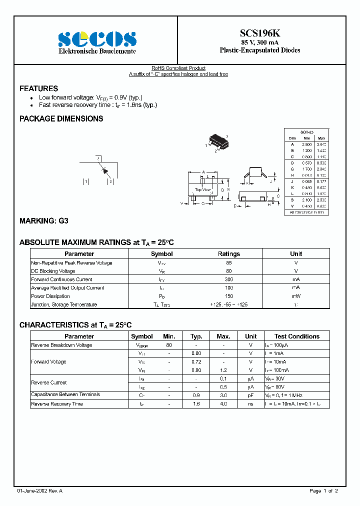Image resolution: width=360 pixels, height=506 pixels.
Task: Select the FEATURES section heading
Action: pos(38,88)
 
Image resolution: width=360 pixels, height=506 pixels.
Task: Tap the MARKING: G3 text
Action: pos(43,220)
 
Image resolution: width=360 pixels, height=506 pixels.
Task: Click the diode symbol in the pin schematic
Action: pos(105,170)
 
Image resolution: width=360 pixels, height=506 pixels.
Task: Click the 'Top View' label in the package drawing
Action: pos(202,189)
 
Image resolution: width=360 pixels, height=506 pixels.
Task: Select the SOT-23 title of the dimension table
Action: pos(306,131)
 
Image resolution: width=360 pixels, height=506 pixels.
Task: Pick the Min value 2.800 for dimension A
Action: pos(306,144)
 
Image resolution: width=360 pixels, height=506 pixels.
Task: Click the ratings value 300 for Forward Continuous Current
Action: pos(229,279)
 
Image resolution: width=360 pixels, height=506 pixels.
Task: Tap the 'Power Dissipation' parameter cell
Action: pos(51,296)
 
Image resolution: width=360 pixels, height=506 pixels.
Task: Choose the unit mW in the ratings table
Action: pos(296,296)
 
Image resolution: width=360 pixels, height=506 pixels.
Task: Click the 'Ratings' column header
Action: pos(229,254)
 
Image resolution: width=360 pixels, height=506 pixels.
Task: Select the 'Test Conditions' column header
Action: pos(296,336)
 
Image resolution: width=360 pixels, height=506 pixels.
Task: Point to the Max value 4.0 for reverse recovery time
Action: pos(223,403)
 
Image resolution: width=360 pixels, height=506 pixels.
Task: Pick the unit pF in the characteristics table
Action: pos(250,395)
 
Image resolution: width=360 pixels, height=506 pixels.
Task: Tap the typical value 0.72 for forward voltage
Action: pos(196,361)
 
